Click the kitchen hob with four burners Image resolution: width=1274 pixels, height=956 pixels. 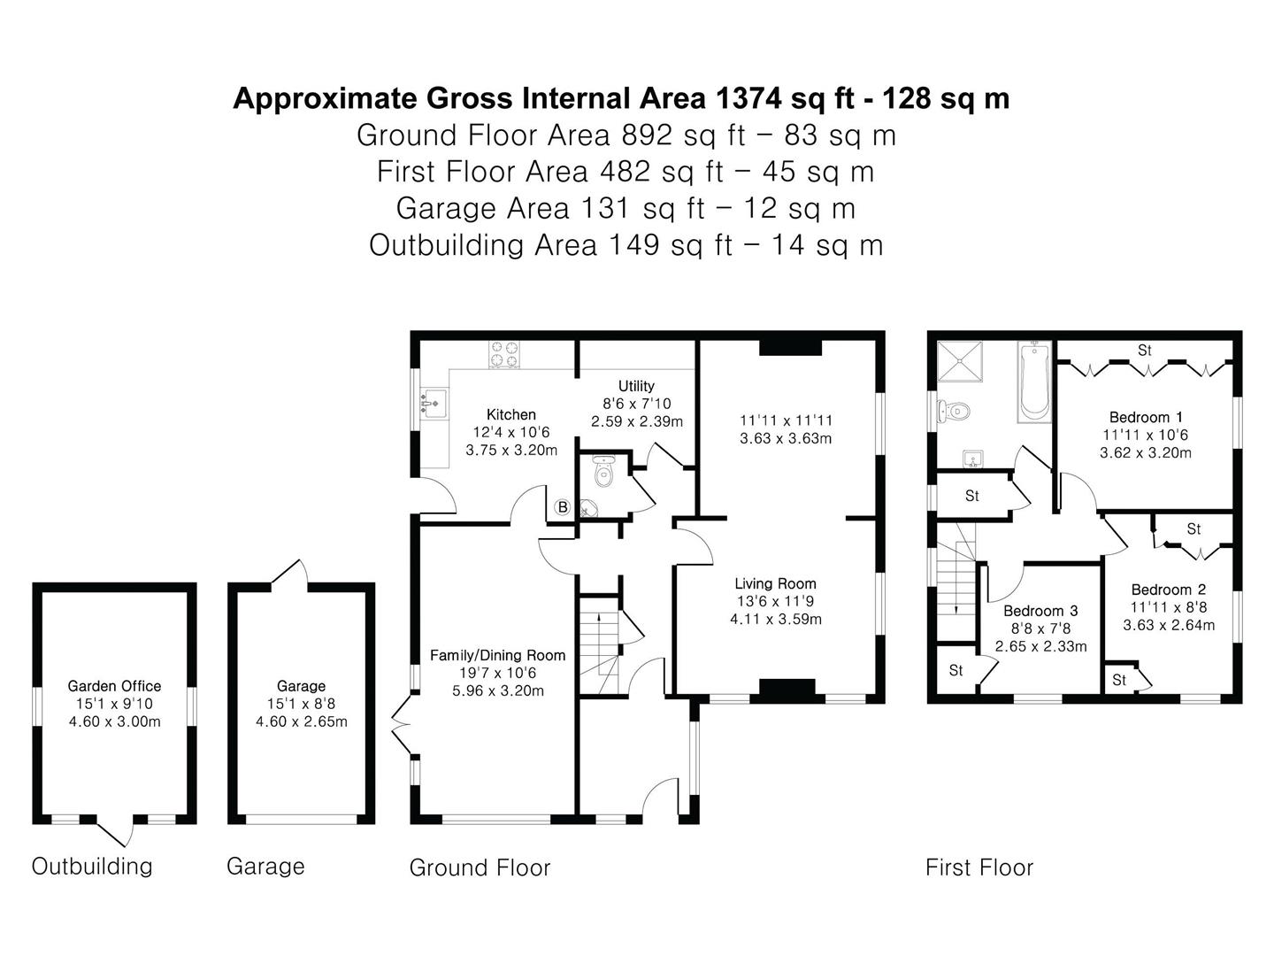point(503,354)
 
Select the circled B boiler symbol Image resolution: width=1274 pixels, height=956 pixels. point(562,507)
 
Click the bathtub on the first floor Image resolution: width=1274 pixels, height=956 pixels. point(1034,382)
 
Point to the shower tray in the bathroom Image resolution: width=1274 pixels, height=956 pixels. point(960,361)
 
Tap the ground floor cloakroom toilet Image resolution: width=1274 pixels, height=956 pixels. point(604,471)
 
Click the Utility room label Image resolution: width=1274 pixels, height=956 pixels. point(636,386)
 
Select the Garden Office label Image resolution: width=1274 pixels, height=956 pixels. point(114,686)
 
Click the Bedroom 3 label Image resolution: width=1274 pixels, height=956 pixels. point(1040,611)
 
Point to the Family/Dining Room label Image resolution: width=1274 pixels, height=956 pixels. point(497,655)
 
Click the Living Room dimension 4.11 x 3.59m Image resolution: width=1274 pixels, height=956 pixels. point(775,619)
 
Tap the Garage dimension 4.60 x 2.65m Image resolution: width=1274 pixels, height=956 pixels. point(301,721)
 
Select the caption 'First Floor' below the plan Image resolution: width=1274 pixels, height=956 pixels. point(979,867)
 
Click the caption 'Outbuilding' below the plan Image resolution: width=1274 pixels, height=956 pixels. point(92,866)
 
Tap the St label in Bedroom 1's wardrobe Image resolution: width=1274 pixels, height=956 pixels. point(1144,351)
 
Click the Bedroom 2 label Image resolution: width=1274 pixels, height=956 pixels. point(1169,590)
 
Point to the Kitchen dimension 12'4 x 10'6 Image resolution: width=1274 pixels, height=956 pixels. point(511,433)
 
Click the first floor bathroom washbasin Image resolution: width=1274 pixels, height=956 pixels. point(972,459)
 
